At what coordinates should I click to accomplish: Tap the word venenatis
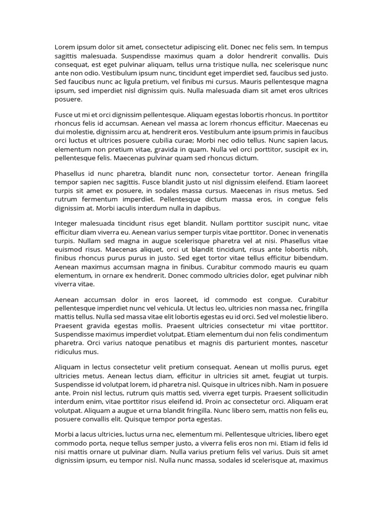tap(309, 232)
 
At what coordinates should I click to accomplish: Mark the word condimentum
tap(304, 334)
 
